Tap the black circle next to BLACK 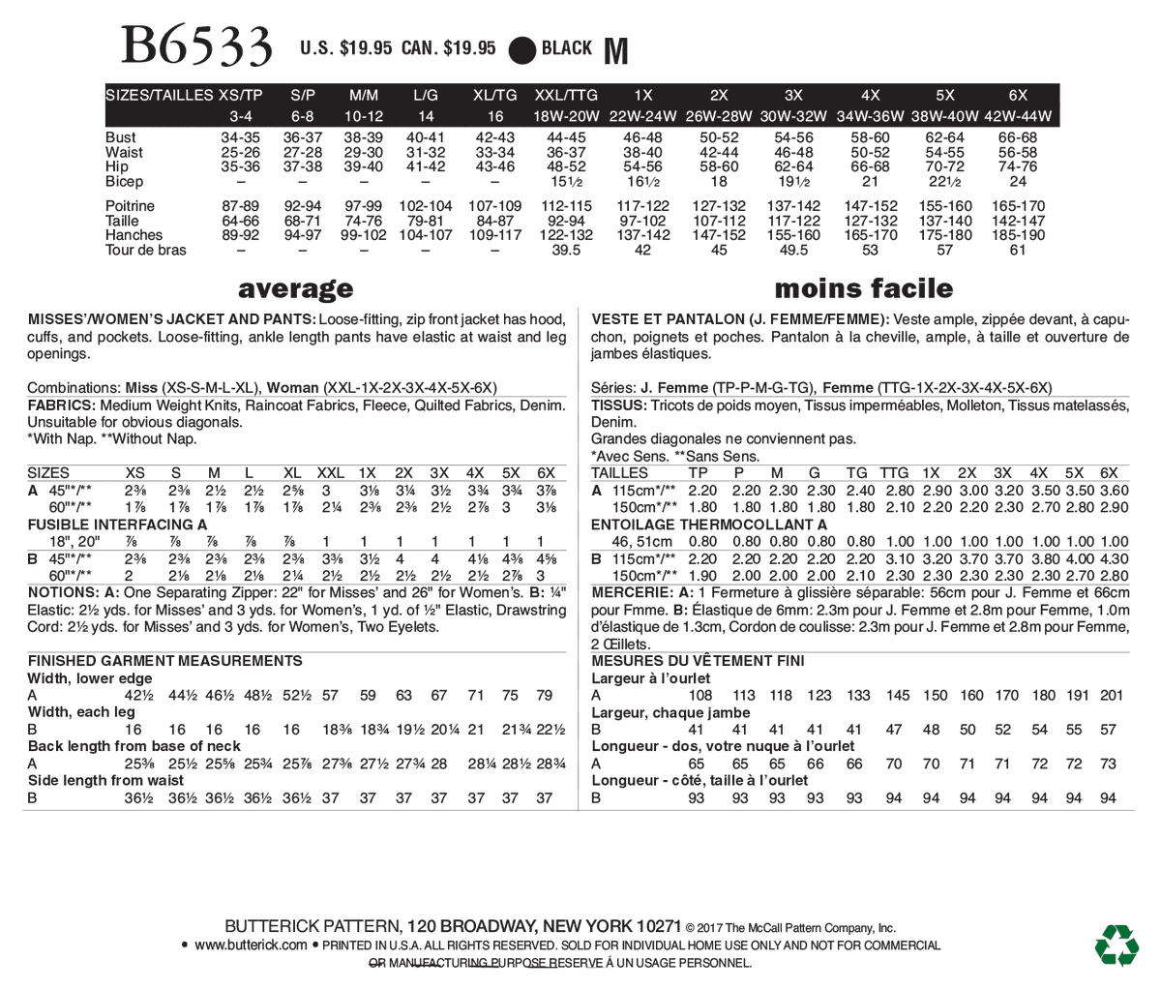[x=522, y=49]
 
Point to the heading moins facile [x=863, y=288]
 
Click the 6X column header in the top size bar [x=1018, y=95]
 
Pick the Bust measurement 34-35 [x=241, y=137]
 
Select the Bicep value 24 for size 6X [x=1018, y=181]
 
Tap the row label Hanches [x=134, y=235]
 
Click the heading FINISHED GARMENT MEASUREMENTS [x=164, y=661]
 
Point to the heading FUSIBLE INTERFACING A [x=117, y=524]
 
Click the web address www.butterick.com [x=251, y=945]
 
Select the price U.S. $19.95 [x=346, y=48]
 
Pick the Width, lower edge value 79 [x=544, y=695]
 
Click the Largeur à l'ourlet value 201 [x=1111, y=695]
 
